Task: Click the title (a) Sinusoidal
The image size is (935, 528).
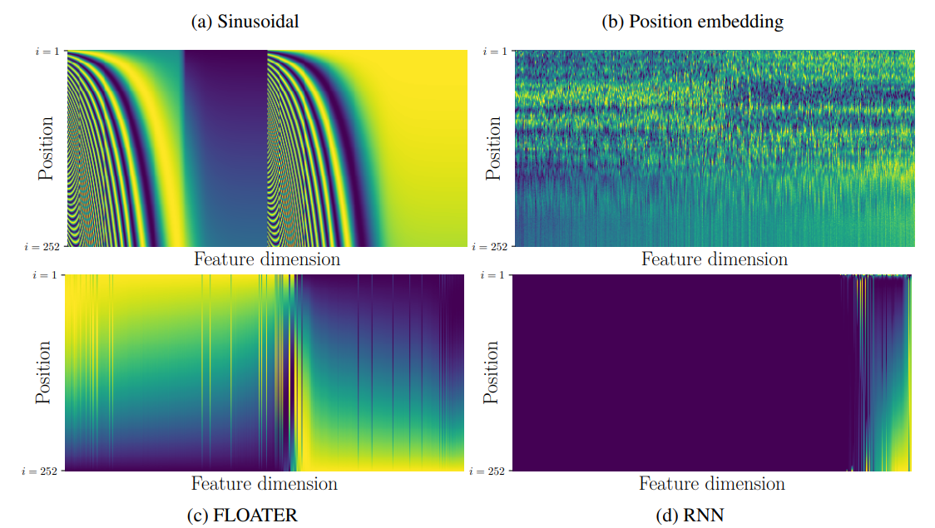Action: (x=245, y=22)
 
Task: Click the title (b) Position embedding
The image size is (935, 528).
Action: (x=692, y=22)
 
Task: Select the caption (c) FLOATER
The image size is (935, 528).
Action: (x=243, y=516)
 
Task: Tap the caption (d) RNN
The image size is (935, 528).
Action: (x=690, y=516)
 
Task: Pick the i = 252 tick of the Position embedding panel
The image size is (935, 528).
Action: (x=491, y=247)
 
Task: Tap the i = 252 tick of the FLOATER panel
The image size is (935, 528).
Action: (x=43, y=471)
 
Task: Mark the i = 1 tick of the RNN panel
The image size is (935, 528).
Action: (x=495, y=275)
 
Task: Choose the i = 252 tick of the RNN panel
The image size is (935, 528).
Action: (x=491, y=471)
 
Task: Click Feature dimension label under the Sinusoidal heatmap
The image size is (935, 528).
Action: (x=267, y=259)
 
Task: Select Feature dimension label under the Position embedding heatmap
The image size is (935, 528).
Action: (x=714, y=259)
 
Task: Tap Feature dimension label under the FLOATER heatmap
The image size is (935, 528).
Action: (x=265, y=483)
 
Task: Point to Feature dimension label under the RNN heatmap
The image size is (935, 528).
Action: (x=711, y=483)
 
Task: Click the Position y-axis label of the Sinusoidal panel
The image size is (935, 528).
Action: (x=47, y=149)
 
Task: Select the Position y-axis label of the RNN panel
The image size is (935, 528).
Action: (x=492, y=372)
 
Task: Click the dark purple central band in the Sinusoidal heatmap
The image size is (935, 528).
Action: (x=225, y=149)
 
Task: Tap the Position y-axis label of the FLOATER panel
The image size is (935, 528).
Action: (x=45, y=372)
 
